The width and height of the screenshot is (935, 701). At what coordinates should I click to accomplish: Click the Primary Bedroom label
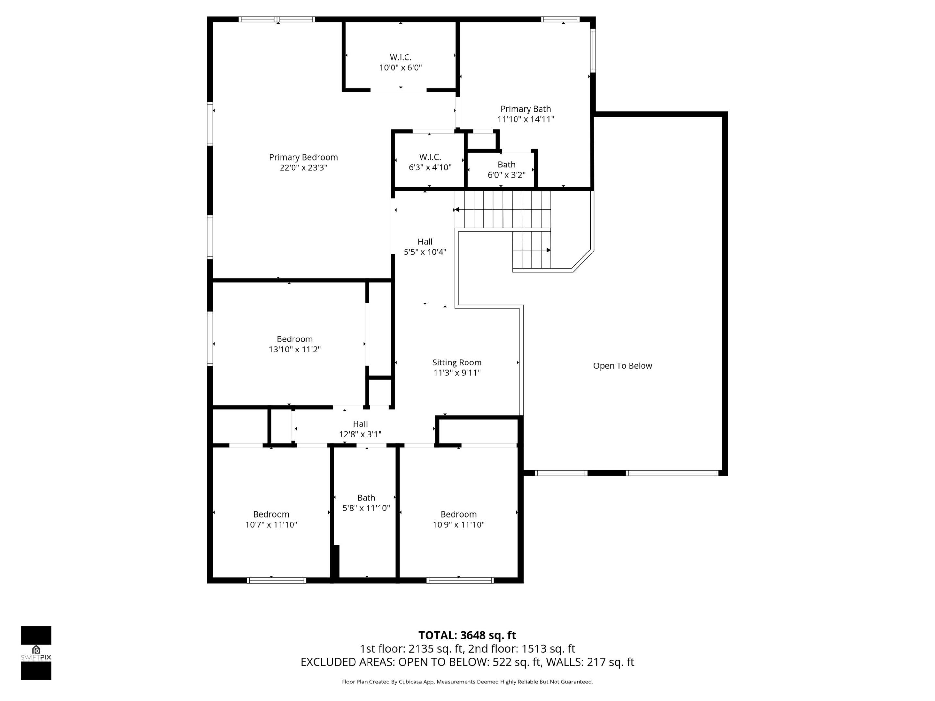[303, 162]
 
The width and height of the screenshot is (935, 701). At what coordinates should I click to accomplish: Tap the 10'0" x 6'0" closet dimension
[400, 68]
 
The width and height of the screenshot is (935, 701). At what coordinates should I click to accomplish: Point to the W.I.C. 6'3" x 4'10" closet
[430, 162]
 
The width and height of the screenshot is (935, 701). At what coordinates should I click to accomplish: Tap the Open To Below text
[622, 366]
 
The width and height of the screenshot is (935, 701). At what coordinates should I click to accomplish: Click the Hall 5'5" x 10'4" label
[425, 247]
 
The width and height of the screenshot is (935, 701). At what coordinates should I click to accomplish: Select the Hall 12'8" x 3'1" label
[360, 429]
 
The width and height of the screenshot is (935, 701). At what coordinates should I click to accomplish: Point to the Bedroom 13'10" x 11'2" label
[294, 344]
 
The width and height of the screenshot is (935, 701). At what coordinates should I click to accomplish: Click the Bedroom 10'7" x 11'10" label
[271, 519]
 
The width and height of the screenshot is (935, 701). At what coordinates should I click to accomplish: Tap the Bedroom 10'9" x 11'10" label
[458, 519]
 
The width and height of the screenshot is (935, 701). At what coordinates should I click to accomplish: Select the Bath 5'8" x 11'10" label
[366, 503]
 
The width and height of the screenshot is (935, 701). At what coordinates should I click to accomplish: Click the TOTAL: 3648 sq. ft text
[467, 635]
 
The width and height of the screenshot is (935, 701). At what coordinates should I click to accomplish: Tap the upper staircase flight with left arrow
[503, 210]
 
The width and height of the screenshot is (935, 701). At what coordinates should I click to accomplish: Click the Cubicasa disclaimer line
[467, 682]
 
